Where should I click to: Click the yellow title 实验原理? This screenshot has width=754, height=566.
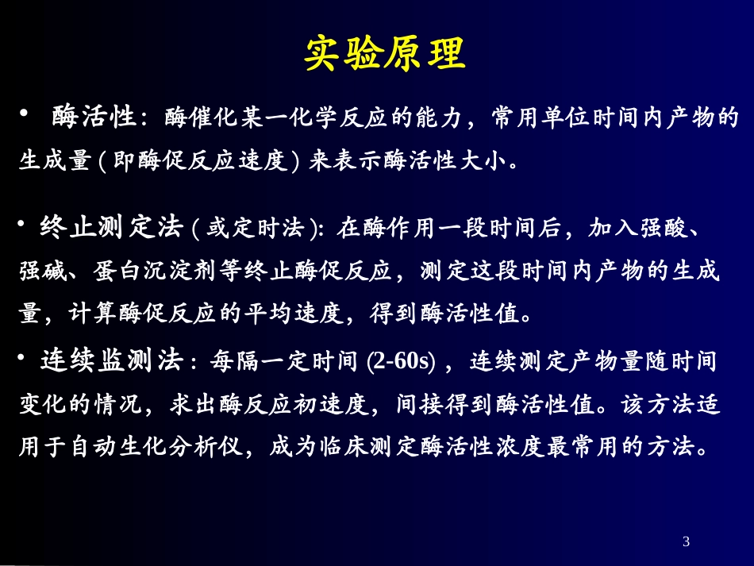coord(384,53)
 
